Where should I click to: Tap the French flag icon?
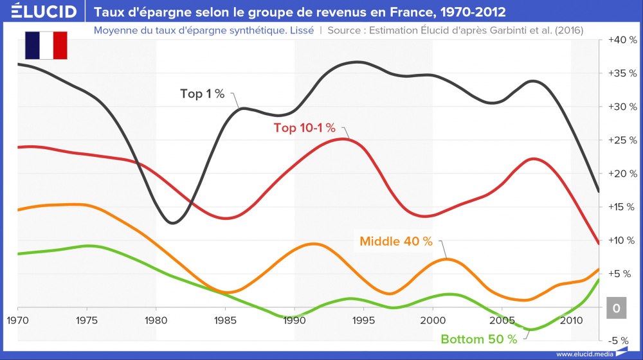click(46, 45)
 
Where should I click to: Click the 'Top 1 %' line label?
click(202, 94)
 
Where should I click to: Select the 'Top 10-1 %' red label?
click(305, 128)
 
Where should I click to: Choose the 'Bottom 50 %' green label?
click(478, 339)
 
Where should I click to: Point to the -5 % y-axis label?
click(623, 341)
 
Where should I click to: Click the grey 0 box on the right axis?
click(616, 309)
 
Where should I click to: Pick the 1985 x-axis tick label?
click(224, 319)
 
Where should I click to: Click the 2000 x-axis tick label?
click(432, 319)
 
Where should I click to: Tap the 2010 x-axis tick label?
click(570, 319)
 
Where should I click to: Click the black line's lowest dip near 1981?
click(171, 223)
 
